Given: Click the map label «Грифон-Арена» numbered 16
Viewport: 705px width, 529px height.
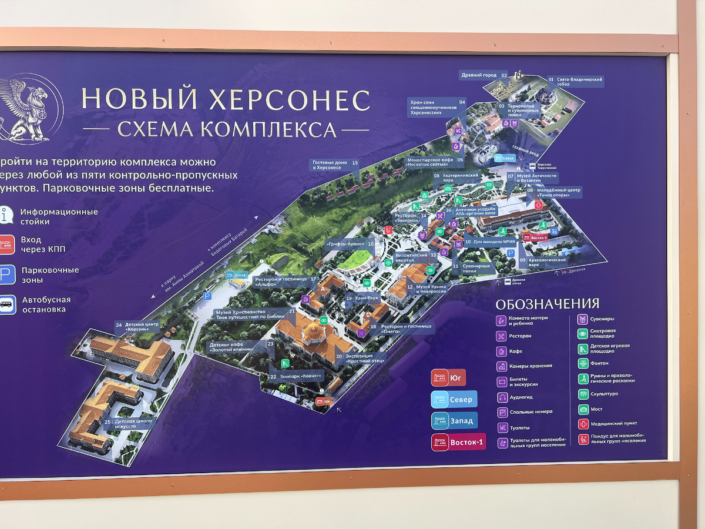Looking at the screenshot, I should (x=347, y=243).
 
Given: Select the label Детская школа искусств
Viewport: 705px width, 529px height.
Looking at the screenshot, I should (x=133, y=424).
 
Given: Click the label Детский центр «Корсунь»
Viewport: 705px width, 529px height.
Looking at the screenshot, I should (x=141, y=326).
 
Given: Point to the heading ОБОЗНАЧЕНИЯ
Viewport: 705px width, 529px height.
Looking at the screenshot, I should (x=548, y=304).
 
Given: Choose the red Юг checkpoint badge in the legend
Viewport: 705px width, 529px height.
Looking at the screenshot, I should (x=448, y=377).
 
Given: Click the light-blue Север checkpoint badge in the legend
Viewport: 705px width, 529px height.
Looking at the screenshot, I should (x=454, y=400).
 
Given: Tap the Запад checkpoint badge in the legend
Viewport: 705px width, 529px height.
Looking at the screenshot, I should (x=454, y=421).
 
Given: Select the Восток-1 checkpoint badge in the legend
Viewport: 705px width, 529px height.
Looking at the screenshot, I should (x=458, y=442).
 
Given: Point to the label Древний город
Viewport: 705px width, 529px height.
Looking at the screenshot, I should (x=479, y=75).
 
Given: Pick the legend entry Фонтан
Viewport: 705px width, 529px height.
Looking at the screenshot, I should (x=602, y=363).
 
